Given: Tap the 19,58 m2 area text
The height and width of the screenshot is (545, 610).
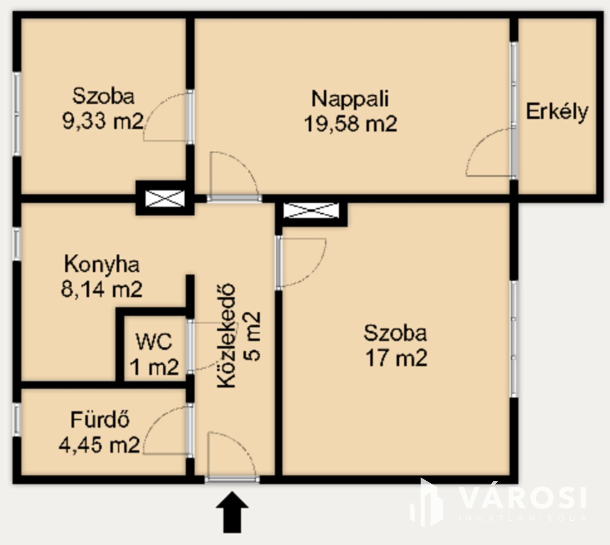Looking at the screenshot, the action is (351, 123).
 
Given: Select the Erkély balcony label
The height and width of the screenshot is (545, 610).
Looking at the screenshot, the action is (557, 112).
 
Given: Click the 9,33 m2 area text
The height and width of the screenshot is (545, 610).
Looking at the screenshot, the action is (103, 121).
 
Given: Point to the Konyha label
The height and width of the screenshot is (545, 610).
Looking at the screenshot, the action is (102, 264).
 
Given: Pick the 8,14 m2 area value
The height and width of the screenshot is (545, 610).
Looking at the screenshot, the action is (101, 289).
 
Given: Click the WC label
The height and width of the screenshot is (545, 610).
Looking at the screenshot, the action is (154, 341).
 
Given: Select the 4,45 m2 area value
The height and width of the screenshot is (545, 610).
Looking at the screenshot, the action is (99, 445).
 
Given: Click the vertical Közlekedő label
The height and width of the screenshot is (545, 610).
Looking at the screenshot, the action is (226, 336).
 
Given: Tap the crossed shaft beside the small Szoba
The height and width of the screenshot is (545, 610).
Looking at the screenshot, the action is (165, 198).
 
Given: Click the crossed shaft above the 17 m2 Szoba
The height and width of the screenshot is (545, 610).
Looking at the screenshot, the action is (311, 210).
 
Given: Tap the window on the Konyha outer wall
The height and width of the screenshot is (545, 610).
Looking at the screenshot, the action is (17, 244).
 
